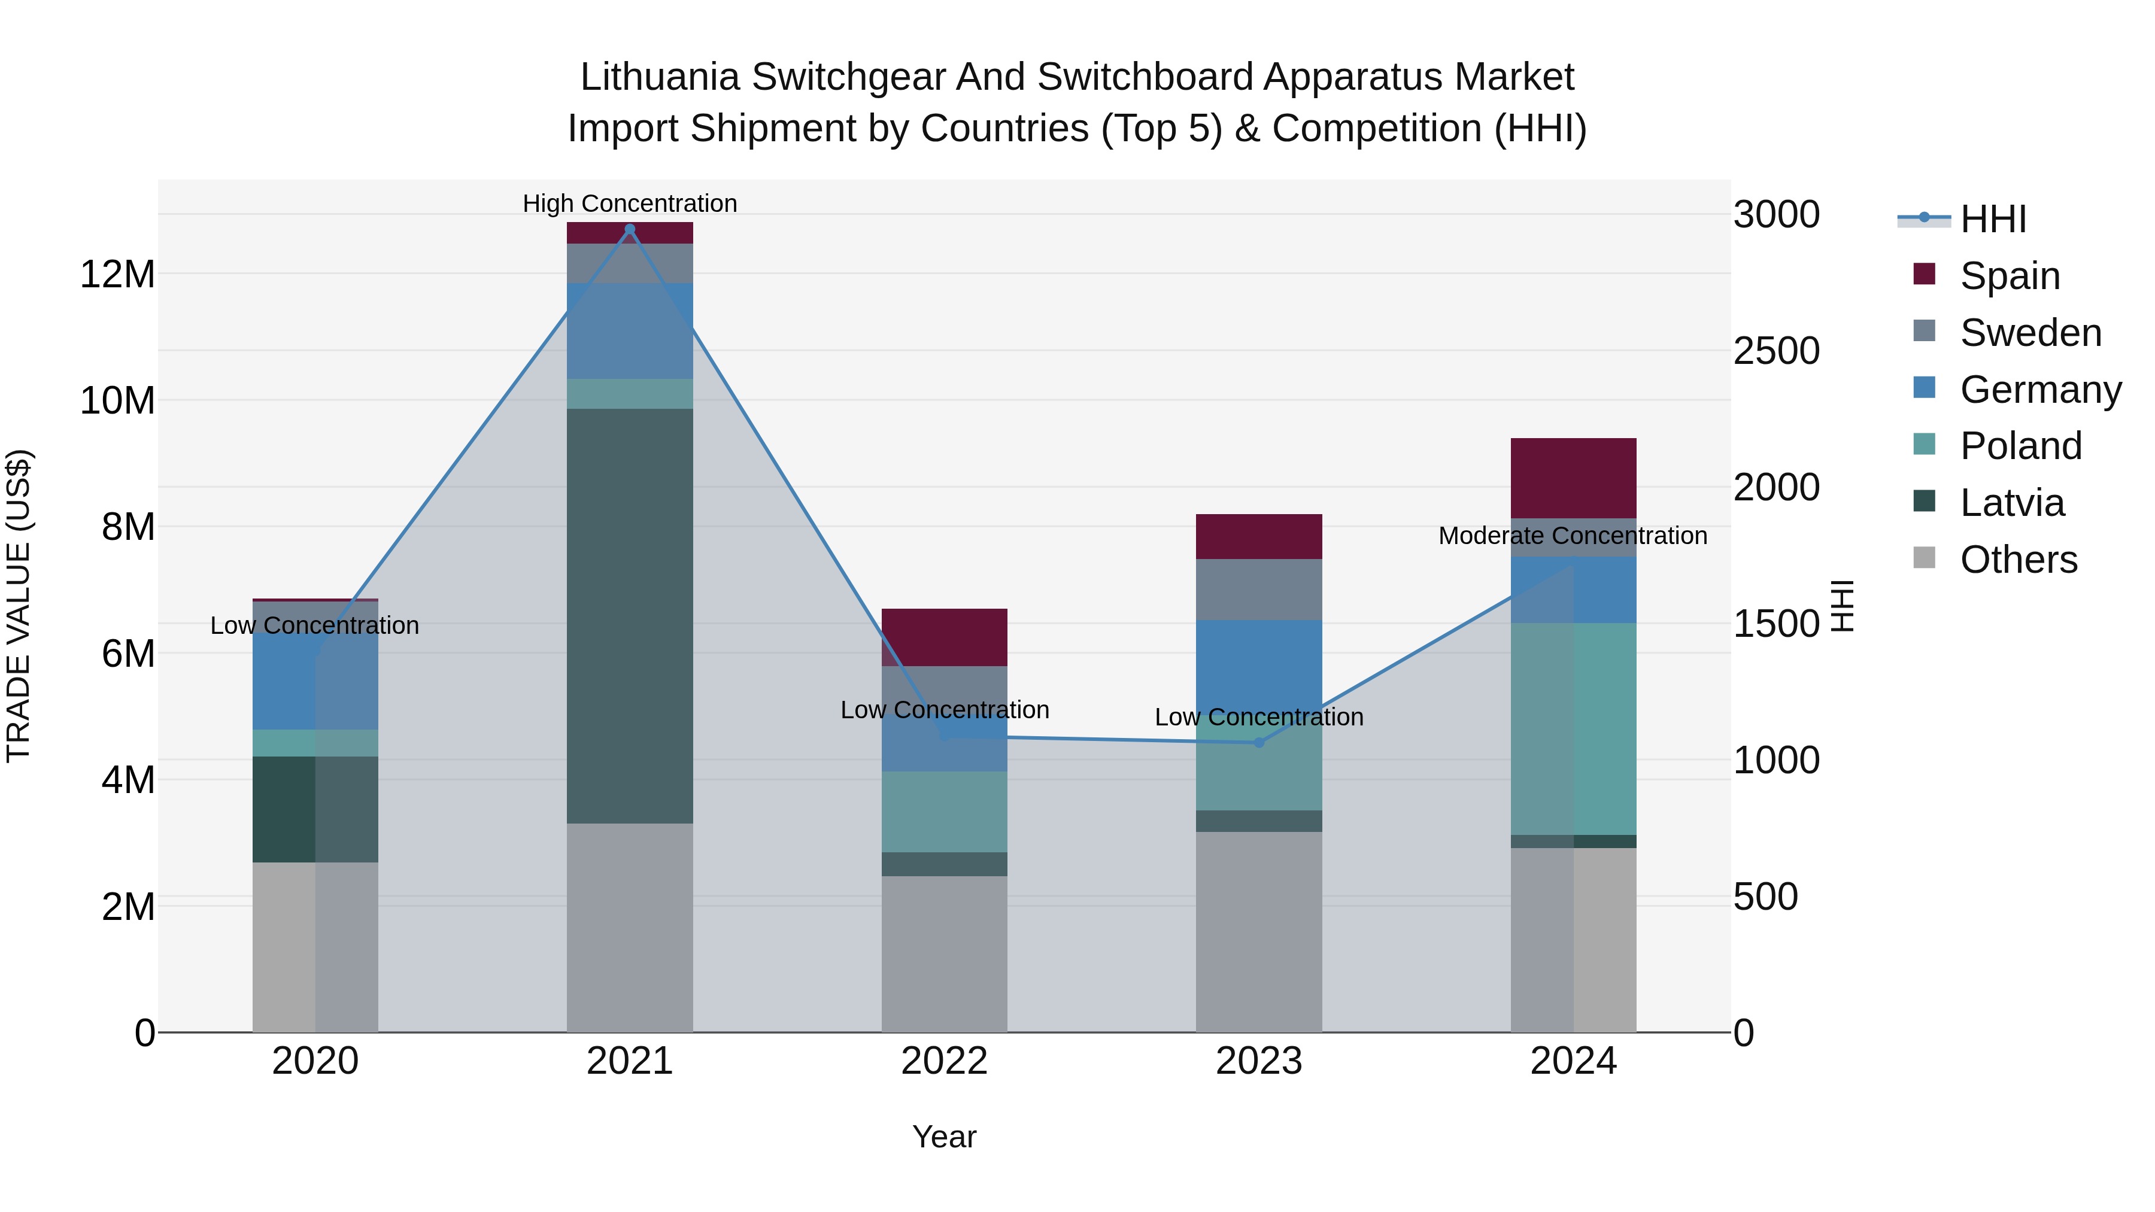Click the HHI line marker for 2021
pos(630,229)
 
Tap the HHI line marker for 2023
pos(1259,743)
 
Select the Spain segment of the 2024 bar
pos(1574,478)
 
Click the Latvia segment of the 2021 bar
pos(630,616)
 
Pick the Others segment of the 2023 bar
pos(1259,932)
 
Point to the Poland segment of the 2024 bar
pos(1574,728)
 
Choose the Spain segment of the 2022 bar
pos(945,637)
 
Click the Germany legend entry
pos(2039,390)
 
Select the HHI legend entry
pos(1993,219)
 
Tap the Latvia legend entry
pos(2011,503)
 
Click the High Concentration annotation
pos(630,203)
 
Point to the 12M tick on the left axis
pos(117,274)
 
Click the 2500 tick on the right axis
pos(1776,351)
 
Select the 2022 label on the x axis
pos(945,1061)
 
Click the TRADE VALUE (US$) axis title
pos(19,606)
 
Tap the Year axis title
pos(945,1137)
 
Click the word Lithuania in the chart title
pos(660,77)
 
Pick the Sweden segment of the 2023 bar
pos(1259,589)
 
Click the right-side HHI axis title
pos(1843,606)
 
